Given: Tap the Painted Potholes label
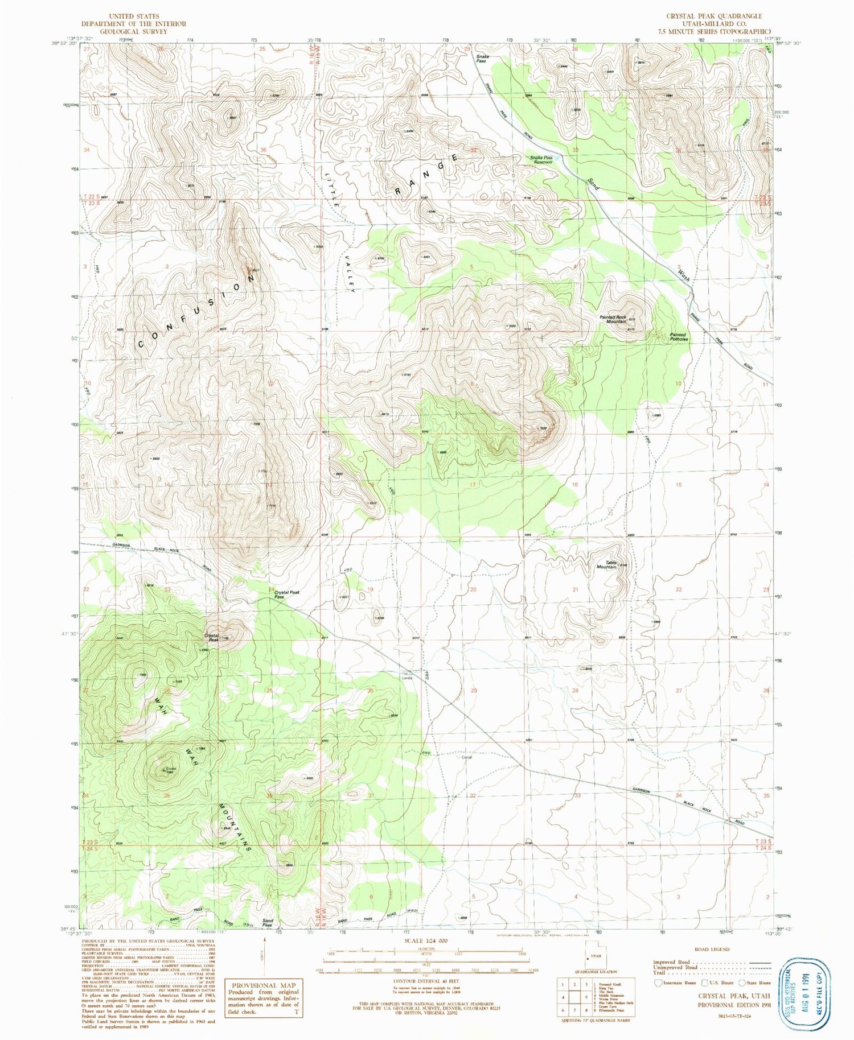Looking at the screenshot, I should pyautogui.click(x=679, y=337).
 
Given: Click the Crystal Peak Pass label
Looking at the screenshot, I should pyautogui.click(x=287, y=595).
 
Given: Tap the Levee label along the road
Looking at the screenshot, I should pyautogui.click(x=407, y=677).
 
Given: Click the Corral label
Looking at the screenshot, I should pyautogui.click(x=466, y=757).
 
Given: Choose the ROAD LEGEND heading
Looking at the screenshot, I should pyautogui.click(x=712, y=949).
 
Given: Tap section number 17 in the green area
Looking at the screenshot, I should pyautogui.click(x=472, y=485).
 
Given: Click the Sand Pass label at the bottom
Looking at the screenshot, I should pyautogui.click(x=268, y=923).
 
